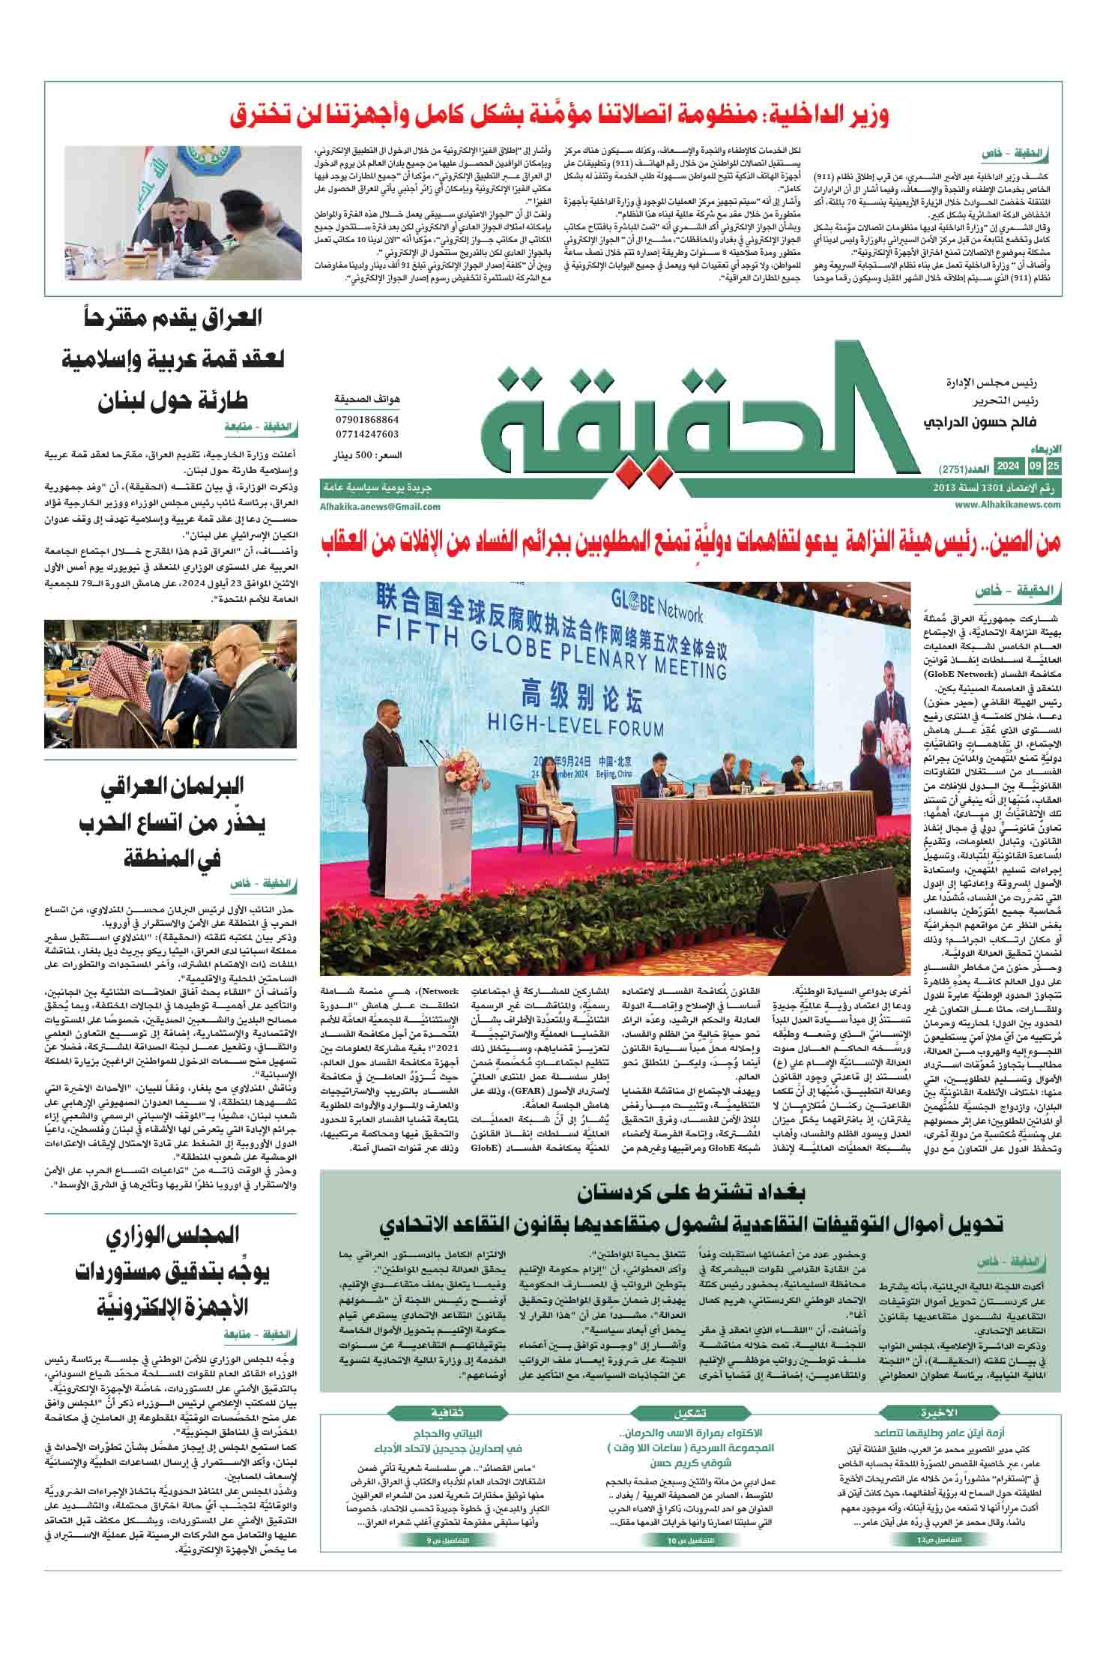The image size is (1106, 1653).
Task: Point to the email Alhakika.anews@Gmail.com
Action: click(x=380, y=506)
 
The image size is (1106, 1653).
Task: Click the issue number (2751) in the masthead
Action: click(x=952, y=469)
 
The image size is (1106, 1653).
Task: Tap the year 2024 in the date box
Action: click(x=1008, y=466)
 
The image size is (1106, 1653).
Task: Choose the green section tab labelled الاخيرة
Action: click(x=940, y=1413)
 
